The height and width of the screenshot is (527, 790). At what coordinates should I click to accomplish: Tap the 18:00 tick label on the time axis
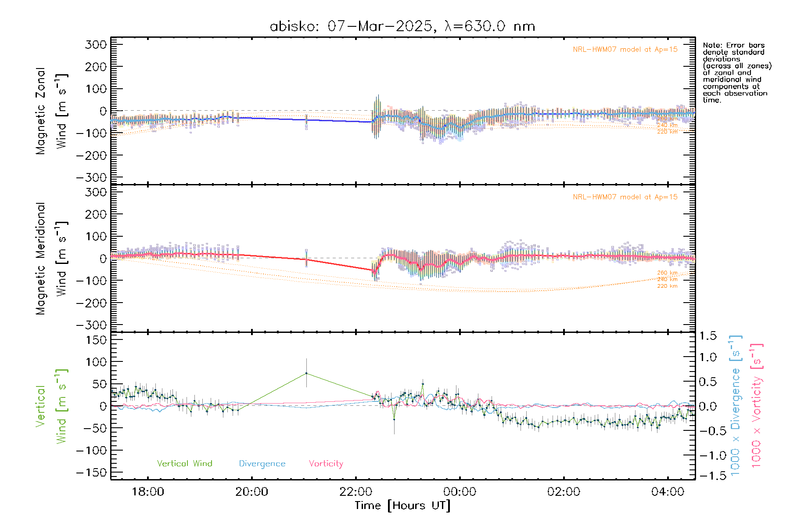[x=148, y=492]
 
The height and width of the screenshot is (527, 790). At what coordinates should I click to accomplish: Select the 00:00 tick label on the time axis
[x=460, y=492]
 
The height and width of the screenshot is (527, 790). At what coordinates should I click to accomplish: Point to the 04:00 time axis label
[x=668, y=492]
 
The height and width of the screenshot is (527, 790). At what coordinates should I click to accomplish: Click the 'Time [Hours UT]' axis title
[x=402, y=505]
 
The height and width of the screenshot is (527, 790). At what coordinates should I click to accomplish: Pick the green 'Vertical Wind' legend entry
[x=184, y=463]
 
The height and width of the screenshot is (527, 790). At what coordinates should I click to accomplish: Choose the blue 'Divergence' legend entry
[x=262, y=463]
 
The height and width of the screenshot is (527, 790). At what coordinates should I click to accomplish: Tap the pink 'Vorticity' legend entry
[x=326, y=463]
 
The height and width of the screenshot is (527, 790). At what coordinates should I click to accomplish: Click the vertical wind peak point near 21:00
[x=306, y=373]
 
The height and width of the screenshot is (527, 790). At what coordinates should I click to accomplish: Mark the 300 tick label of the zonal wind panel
[x=96, y=44]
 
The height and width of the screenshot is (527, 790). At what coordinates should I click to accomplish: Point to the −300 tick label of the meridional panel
[x=91, y=325]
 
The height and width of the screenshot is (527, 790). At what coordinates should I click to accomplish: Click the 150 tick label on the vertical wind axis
[x=96, y=339]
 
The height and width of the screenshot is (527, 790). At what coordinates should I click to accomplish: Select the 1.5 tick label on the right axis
[x=708, y=336]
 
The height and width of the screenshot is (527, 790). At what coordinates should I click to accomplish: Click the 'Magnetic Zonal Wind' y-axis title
[x=52, y=111]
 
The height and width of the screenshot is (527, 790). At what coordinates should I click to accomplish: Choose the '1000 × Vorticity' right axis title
[x=757, y=406]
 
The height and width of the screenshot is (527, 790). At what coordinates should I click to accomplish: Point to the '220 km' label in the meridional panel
[x=667, y=286]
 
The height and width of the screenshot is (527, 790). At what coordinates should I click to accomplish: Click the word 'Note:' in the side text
[x=711, y=45]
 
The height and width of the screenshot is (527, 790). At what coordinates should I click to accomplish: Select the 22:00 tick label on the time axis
[x=355, y=492]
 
